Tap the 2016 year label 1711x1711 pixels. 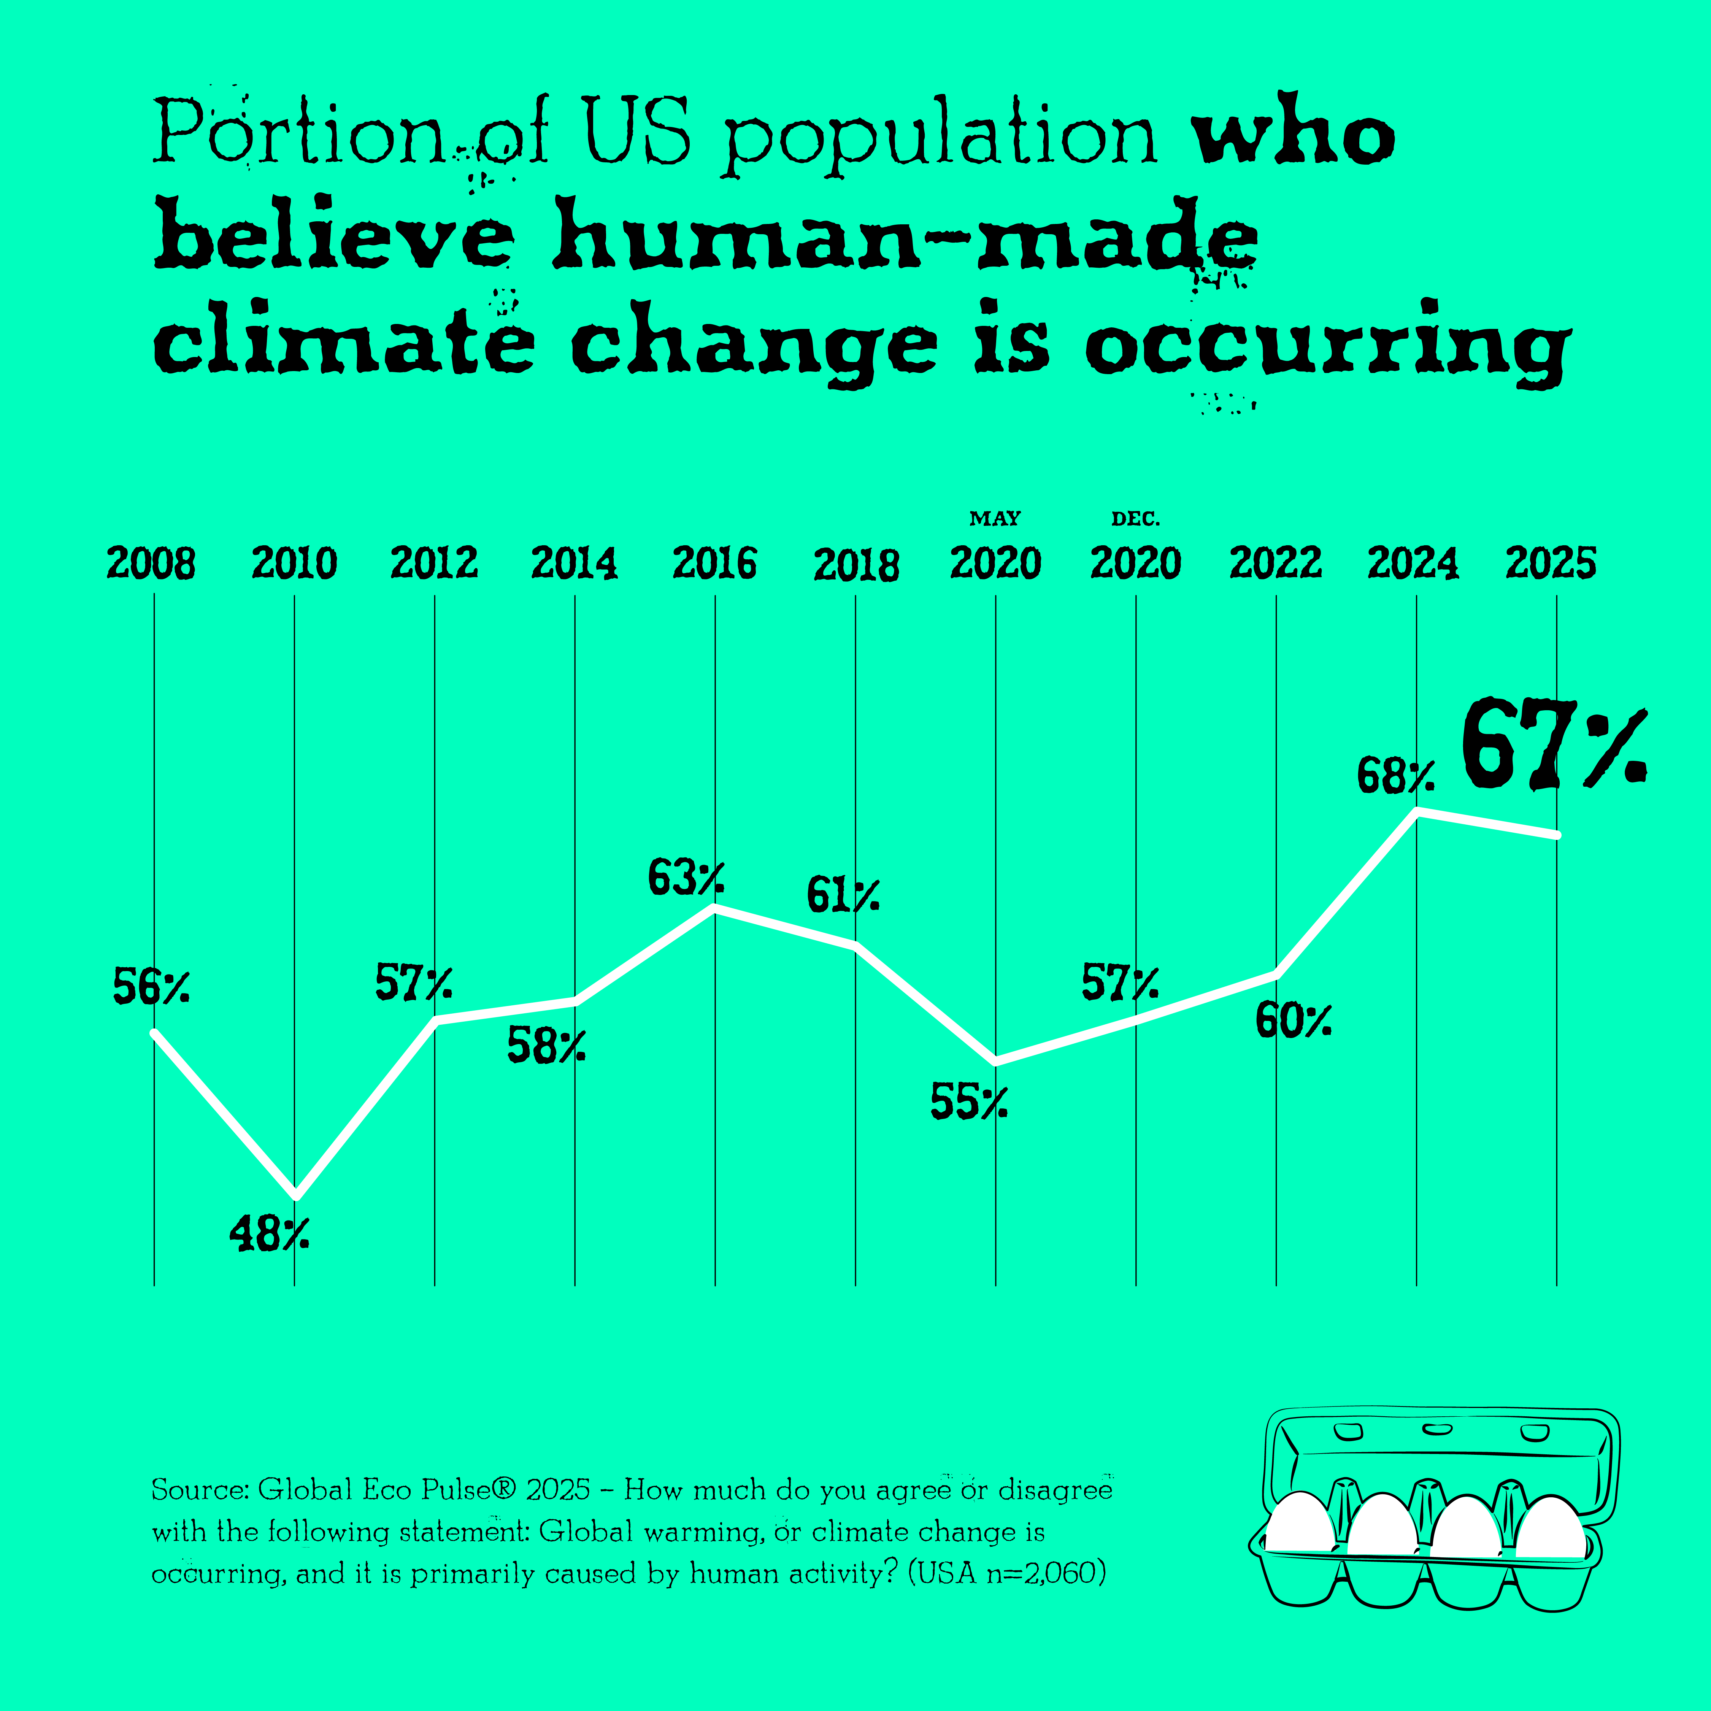[715, 563]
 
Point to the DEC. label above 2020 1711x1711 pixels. [1135, 518]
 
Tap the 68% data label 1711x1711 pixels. [1395, 776]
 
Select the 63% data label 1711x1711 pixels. [686, 878]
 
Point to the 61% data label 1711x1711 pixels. [842, 895]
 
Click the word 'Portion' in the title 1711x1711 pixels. [297, 133]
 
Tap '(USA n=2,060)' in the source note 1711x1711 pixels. [1007, 1573]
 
